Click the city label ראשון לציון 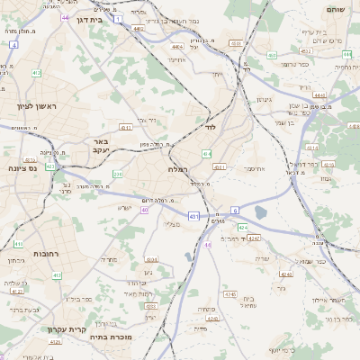(36, 106)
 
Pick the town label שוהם (332, 10)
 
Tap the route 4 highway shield (13, 43)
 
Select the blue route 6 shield (236, 209)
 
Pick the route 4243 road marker (255, 238)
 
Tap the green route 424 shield (242, 228)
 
